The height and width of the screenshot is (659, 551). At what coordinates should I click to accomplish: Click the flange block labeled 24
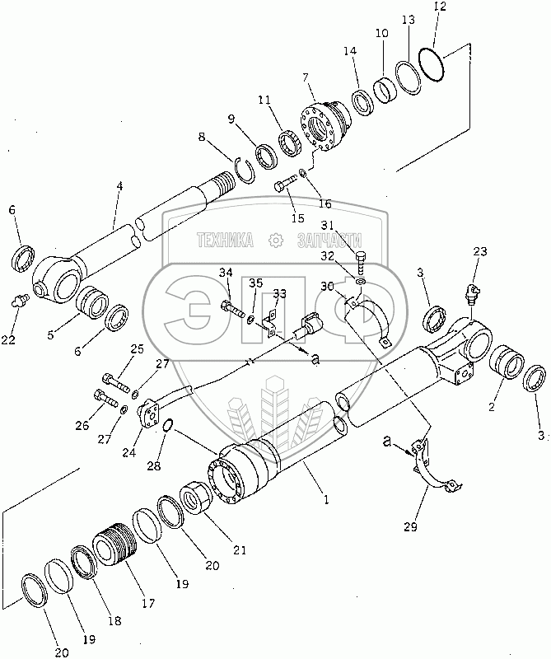click(147, 414)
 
